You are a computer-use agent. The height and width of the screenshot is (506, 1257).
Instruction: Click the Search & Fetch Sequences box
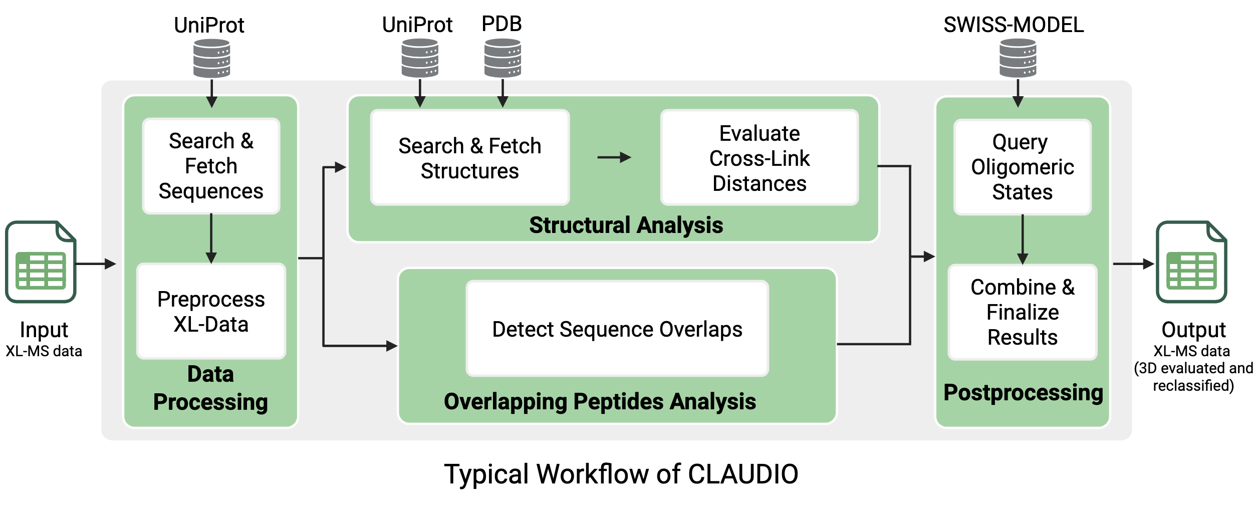tap(211, 166)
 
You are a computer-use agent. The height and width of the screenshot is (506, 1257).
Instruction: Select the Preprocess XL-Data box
tap(211, 311)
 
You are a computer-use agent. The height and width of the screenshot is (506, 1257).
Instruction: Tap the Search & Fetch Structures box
tap(469, 158)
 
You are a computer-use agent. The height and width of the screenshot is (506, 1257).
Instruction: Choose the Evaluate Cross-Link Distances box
tap(759, 158)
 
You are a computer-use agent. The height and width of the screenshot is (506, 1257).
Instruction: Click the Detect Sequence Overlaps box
tap(617, 329)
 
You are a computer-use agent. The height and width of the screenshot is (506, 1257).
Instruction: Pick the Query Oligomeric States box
tap(1022, 167)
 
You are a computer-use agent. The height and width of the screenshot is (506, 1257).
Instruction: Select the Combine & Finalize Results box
tap(1022, 312)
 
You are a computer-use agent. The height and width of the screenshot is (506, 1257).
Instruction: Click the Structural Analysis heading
tap(626, 225)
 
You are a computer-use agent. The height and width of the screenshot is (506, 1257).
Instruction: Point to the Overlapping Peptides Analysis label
tap(600, 401)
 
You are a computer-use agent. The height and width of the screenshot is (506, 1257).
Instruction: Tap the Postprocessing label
tap(1023, 393)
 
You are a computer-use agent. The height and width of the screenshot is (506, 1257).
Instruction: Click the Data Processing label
tap(210, 388)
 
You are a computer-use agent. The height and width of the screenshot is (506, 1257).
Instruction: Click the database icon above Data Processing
tap(212, 58)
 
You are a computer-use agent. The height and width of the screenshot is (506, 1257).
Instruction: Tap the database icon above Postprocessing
tap(1018, 58)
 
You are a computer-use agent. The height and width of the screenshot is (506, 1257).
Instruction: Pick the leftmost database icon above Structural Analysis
tap(420, 58)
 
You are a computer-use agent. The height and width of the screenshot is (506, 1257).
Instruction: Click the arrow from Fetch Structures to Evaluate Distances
tap(614, 157)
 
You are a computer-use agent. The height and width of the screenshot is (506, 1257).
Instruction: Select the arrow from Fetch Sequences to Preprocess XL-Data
tap(211, 238)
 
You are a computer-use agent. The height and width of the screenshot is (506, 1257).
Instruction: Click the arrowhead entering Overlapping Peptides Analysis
tap(391, 346)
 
